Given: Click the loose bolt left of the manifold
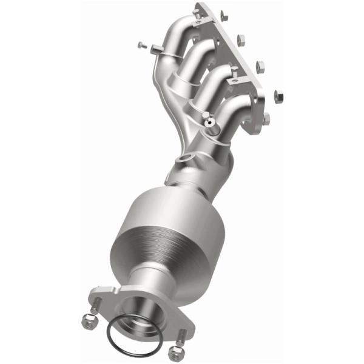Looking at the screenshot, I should coord(141,44).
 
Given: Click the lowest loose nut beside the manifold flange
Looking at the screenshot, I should coord(278,95).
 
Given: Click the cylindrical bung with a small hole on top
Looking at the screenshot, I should coord(211,124).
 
